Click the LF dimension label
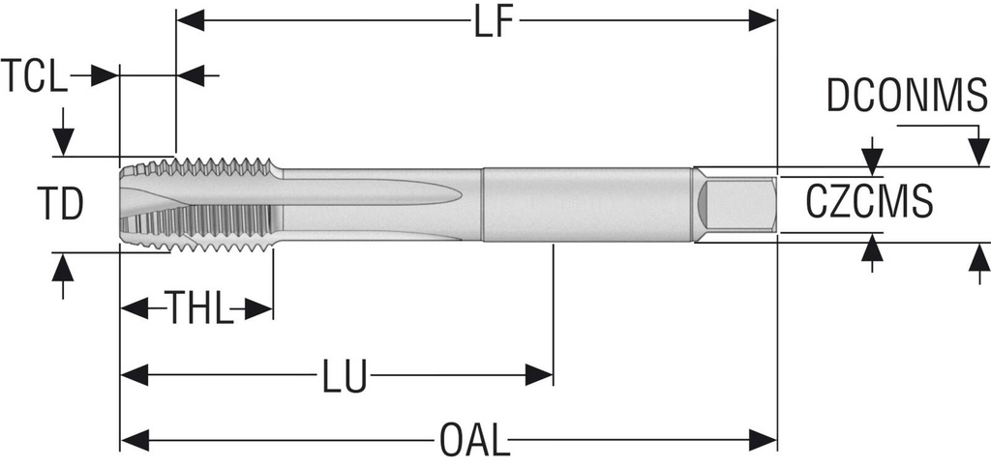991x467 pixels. (x=494, y=24)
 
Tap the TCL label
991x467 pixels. (x=34, y=75)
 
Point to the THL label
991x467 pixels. (x=197, y=308)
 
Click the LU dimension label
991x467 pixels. (x=345, y=377)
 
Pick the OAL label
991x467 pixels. (x=474, y=441)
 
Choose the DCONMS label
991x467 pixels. (x=906, y=96)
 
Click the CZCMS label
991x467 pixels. (x=869, y=202)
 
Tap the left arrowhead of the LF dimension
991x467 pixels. (x=191, y=20)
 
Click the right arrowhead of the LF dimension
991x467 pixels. (x=763, y=20)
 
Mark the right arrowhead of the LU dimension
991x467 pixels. (x=539, y=375)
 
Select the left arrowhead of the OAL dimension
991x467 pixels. (x=134, y=440)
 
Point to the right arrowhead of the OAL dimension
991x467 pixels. (x=763, y=440)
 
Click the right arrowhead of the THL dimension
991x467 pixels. (x=258, y=309)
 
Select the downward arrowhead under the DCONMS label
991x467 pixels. (x=979, y=152)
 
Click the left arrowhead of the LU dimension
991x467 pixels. (x=134, y=375)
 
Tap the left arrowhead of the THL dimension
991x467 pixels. (x=134, y=309)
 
